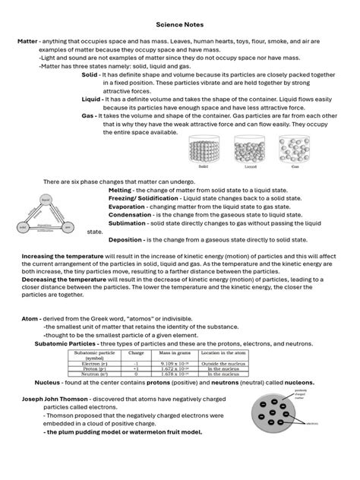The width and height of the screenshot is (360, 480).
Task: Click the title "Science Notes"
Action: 179,24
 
